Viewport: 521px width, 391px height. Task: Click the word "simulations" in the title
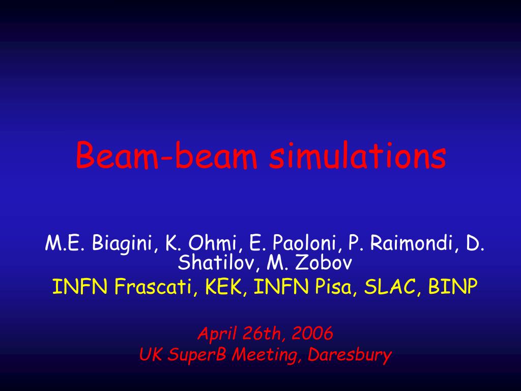358,155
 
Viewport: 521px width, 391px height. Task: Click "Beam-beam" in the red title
167,155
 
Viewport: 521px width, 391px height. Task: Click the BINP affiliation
453,286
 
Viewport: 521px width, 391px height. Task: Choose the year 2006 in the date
312,333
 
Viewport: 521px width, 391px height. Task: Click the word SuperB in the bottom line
197,355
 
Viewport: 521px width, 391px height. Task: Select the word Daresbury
350,355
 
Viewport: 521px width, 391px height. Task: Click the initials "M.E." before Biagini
66,243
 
